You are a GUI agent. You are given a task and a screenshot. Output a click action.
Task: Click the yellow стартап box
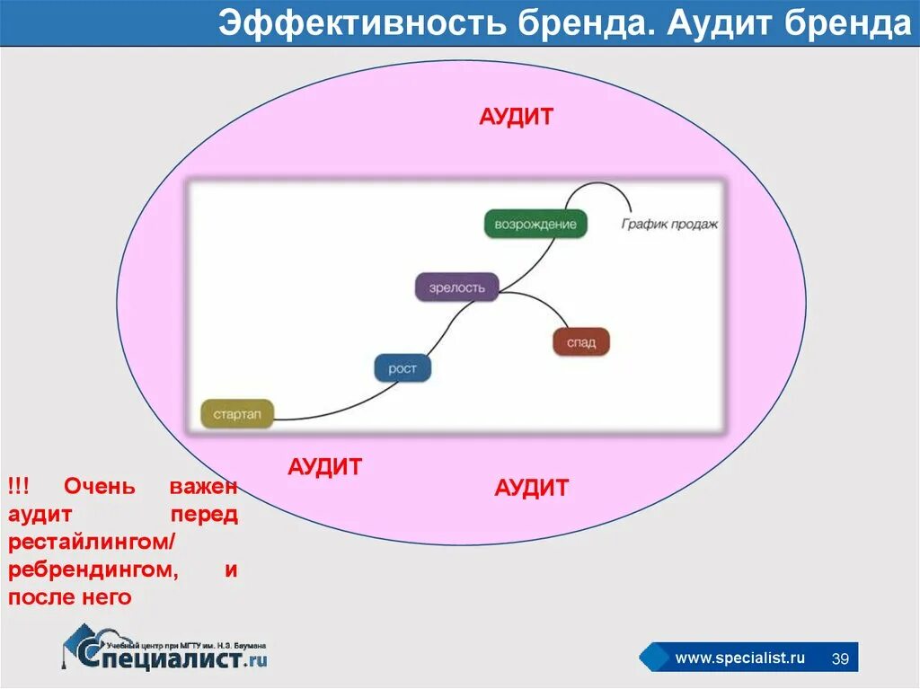pyautogui.click(x=237, y=413)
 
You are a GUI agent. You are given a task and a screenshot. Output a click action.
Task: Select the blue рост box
pyautogui.click(x=402, y=368)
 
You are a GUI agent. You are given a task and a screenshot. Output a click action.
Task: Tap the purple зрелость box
pyautogui.click(x=456, y=287)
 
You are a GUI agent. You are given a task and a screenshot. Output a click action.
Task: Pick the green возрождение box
pyautogui.click(x=535, y=224)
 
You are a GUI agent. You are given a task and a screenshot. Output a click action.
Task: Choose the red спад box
pyautogui.click(x=580, y=342)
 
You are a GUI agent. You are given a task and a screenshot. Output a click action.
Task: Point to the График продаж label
pyautogui.click(x=669, y=224)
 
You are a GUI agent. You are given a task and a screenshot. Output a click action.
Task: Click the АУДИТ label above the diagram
pyautogui.click(x=516, y=118)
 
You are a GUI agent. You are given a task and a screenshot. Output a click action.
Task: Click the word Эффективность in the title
pyautogui.click(x=364, y=25)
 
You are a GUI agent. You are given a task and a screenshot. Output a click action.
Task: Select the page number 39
pyautogui.click(x=841, y=658)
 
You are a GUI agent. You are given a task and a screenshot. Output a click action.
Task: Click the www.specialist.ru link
pyautogui.click(x=739, y=658)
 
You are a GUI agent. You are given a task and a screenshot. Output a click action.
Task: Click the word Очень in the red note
pyautogui.click(x=100, y=487)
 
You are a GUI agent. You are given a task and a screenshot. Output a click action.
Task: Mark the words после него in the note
pyautogui.click(x=70, y=597)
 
